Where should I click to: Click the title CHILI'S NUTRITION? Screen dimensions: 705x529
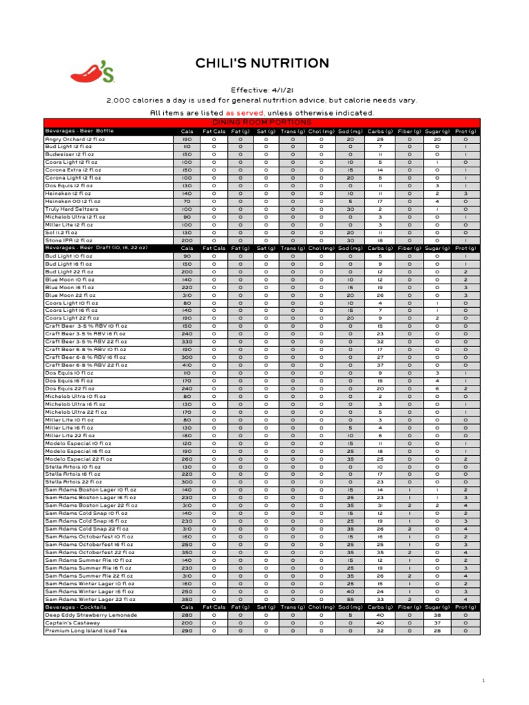click(x=262, y=64)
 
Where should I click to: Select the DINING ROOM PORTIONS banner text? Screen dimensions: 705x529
click(x=262, y=122)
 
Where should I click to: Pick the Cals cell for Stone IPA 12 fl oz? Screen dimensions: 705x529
click(x=187, y=240)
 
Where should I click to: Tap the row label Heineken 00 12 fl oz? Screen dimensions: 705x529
click(x=72, y=202)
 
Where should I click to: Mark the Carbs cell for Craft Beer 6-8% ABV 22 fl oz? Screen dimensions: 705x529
click(x=380, y=366)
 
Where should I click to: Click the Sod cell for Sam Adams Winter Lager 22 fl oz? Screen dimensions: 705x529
click(x=350, y=599)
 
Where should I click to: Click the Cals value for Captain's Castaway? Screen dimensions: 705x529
click(x=187, y=622)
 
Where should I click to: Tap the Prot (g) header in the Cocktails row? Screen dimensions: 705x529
click(x=466, y=607)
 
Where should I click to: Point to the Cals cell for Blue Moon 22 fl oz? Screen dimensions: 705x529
click(x=187, y=295)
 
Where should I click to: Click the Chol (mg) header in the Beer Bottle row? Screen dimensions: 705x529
click(x=321, y=131)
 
